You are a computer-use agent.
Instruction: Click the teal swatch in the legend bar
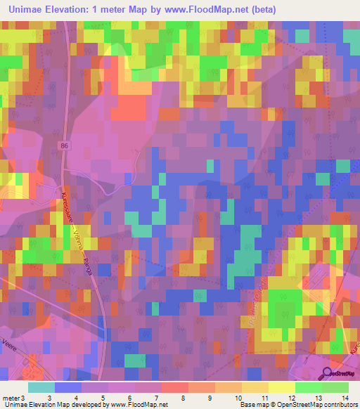(41, 387)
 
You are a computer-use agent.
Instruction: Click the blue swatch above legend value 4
(68, 387)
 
